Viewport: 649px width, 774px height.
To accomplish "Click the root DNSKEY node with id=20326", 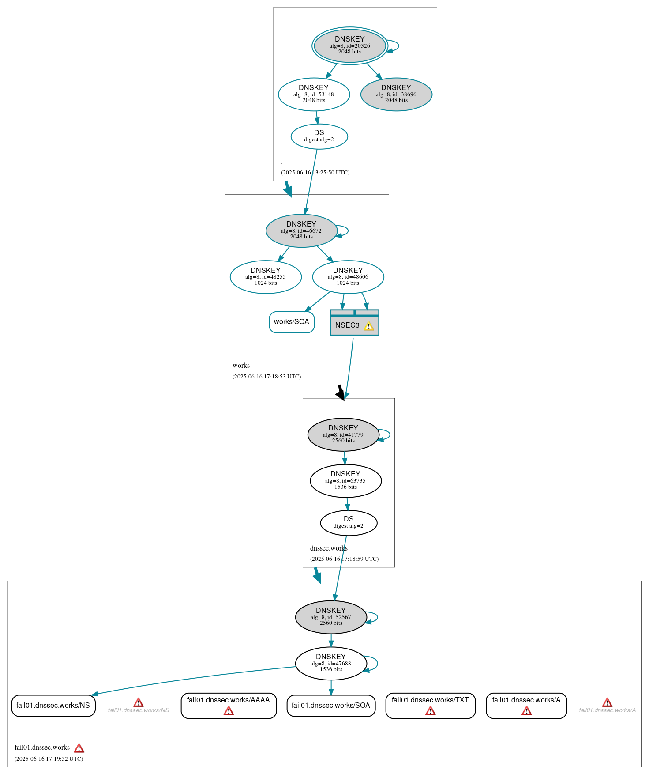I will click(349, 45).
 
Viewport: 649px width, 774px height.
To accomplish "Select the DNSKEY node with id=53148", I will click(314, 94).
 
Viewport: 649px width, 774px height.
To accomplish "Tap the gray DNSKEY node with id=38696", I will click(396, 94).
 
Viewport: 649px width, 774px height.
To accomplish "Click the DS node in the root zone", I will click(319, 136).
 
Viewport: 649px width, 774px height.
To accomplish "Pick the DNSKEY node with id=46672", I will click(301, 230).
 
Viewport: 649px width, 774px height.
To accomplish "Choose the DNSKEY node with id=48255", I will click(266, 277).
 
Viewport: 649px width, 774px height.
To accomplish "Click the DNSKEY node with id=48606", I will click(348, 277).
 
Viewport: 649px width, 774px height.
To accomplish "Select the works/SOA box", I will click(292, 322).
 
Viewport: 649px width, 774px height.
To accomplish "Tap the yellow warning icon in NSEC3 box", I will click(368, 326).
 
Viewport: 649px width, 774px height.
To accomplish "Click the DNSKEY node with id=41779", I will click(343, 434).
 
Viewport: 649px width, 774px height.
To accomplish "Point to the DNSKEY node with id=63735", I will click(345, 480).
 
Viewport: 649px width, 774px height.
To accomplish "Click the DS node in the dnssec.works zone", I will click(349, 523).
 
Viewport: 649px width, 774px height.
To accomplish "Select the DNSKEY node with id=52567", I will click(330, 617).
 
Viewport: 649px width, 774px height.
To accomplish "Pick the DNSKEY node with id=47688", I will click(330, 663).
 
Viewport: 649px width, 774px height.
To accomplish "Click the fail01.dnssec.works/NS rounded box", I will click(53, 705).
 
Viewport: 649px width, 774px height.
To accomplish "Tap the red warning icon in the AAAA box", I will click(229, 710).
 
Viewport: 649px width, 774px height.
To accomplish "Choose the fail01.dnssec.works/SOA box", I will click(330, 705).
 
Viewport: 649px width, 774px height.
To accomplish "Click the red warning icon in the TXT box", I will click(430, 710).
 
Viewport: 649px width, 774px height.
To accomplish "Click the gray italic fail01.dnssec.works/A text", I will click(607, 710).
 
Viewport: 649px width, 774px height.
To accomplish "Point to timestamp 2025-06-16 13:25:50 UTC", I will click(315, 172).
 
